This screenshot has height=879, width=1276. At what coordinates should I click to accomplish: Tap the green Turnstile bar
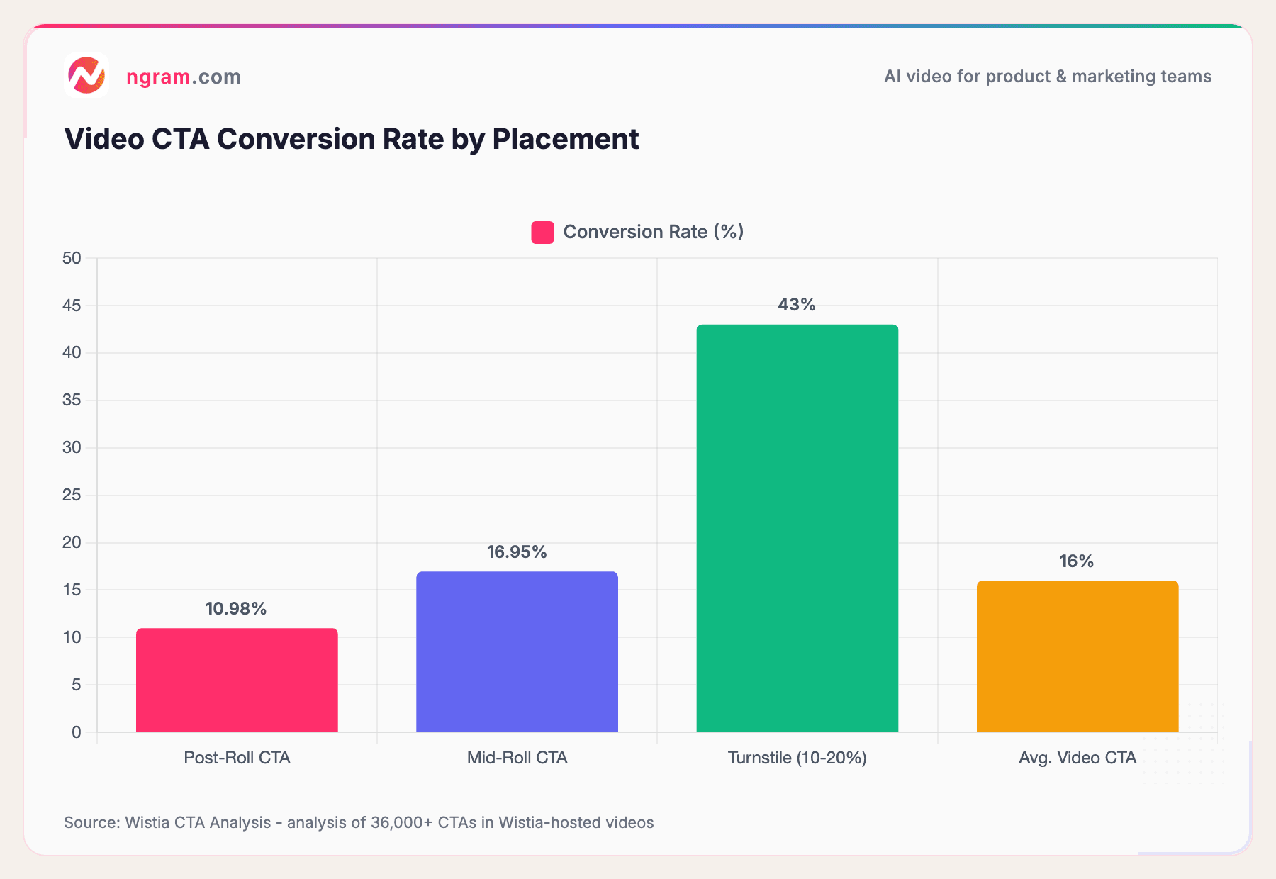(797, 527)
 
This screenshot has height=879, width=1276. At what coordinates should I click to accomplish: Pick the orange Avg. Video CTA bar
(1077, 656)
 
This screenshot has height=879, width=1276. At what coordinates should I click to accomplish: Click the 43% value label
(797, 305)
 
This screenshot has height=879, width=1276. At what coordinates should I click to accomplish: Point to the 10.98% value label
(236, 609)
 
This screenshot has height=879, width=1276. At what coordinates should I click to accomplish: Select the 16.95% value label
(517, 552)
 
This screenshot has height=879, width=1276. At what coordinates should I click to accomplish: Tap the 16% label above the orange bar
(1076, 561)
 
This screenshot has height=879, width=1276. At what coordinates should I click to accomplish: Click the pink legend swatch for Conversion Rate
(542, 233)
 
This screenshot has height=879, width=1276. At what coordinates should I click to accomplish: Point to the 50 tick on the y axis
(72, 258)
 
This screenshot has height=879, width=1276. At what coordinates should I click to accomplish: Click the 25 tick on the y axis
(72, 495)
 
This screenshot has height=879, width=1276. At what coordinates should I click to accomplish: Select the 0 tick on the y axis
(77, 732)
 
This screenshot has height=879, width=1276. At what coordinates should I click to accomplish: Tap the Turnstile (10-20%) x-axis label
(797, 758)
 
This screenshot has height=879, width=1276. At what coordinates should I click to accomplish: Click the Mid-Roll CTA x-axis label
(517, 758)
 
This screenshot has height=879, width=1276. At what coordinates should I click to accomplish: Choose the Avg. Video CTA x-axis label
(1077, 758)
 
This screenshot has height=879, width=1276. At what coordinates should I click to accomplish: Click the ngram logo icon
(86, 75)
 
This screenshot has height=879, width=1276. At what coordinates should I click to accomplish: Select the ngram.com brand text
(184, 77)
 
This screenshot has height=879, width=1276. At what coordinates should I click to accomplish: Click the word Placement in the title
(566, 139)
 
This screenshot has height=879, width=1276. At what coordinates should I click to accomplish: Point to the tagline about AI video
(1047, 77)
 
